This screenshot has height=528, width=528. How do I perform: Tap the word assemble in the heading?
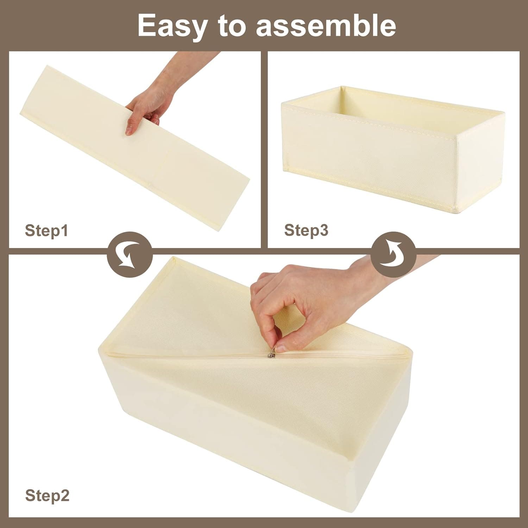[326, 25]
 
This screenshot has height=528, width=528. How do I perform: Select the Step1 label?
[46, 231]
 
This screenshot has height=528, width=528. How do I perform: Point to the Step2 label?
[47, 496]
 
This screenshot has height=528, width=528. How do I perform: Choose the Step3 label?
[306, 230]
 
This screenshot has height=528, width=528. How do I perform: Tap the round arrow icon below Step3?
[394, 254]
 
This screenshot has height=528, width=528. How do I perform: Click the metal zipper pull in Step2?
[271, 355]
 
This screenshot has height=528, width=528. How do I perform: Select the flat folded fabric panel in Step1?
[134, 148]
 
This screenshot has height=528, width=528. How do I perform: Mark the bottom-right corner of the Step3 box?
[457, 213]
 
